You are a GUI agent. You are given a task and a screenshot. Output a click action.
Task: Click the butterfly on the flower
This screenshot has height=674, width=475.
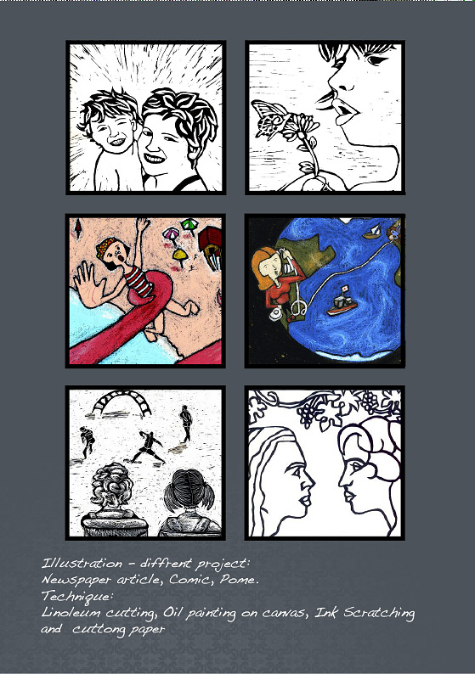coord(269,118)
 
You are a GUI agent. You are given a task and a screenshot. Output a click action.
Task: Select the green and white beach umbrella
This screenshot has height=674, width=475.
coord(189,225)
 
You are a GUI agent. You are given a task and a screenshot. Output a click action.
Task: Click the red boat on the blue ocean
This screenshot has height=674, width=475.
coord(342,301)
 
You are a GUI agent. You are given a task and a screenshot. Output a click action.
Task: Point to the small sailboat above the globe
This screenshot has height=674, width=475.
coord(372,231)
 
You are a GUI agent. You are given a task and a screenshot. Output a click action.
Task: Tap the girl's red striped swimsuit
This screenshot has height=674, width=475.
coord(139,281)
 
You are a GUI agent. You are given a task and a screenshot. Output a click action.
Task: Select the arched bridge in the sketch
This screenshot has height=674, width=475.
coord(122,402)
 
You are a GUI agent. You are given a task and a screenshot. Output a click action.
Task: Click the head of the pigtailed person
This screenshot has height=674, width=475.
coord(189,490)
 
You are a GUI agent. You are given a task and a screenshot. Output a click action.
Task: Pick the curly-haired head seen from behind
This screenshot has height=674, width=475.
coord(111,486)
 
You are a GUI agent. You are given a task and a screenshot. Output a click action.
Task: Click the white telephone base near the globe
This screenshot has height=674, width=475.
coord(276,313)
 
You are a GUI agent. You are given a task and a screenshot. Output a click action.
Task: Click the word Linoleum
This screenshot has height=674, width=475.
coord(71,613)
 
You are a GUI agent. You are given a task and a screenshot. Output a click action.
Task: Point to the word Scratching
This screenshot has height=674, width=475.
coord(379,614)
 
